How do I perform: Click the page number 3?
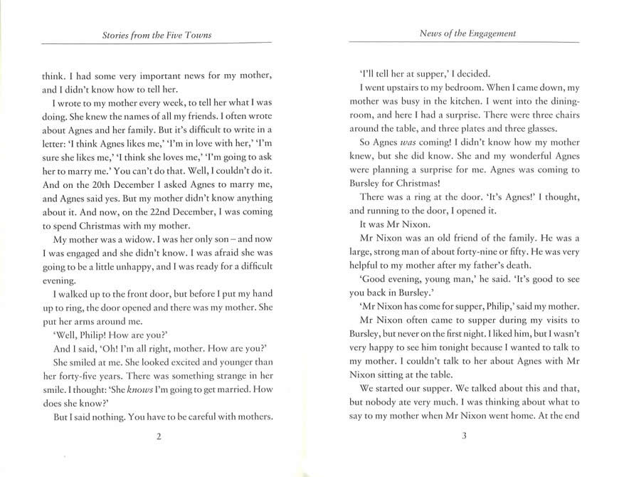point(463,436)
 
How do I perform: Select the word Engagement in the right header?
point(486,33)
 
